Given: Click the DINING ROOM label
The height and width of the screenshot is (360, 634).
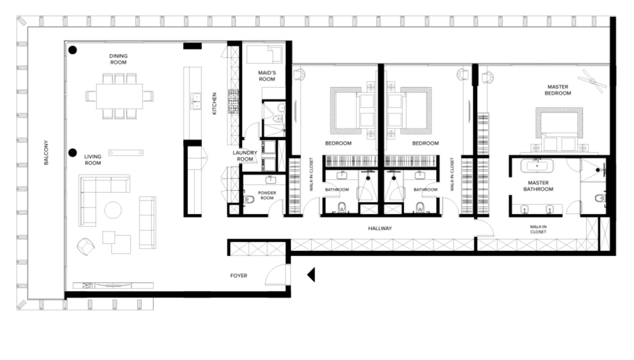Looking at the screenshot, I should coord(118,59).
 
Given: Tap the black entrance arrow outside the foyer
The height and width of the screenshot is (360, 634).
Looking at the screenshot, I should coord(311,274).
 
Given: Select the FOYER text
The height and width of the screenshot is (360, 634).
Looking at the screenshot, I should coord(239,276).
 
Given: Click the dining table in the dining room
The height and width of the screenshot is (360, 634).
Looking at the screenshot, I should coord(119,96).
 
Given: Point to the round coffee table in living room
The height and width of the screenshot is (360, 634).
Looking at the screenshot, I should coord(113,210).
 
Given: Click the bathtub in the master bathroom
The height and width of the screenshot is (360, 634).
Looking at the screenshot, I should coord(537,166).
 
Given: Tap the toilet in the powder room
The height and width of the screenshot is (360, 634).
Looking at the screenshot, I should coord(249,199).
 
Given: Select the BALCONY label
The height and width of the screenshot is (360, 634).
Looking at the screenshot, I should coord(46,153).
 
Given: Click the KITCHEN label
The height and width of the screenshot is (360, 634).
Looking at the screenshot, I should coord(215,103).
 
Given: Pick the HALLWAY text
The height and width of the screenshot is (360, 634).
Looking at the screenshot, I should coord(380,228).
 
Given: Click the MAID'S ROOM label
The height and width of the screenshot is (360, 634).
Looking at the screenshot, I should coord(267,76).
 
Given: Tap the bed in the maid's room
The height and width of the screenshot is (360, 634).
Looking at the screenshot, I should coord(264,54).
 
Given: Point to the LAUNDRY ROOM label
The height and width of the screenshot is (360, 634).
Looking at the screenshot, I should coord(245,156).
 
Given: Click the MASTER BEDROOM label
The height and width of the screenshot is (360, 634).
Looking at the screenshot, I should coord(558,90).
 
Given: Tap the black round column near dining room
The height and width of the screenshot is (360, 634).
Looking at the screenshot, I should coord(73,50).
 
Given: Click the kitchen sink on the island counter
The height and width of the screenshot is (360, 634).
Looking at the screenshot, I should coord(196,101).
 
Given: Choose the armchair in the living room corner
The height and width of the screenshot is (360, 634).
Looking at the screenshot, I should coord(86,246).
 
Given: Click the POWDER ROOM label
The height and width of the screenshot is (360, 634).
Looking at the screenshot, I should coord(267,195).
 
